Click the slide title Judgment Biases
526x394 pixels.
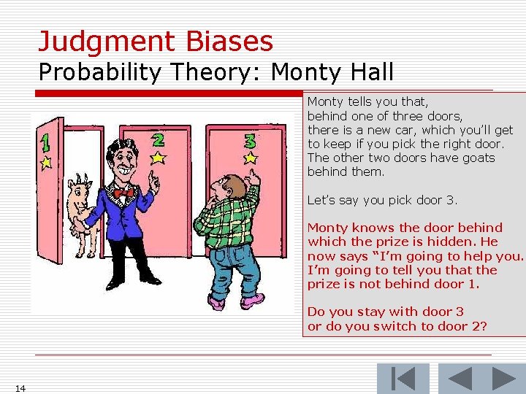click(156, 41)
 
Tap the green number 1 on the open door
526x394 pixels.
click(45, 143)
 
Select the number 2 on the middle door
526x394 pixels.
click(158, 138)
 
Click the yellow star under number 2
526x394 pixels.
click(158, 156)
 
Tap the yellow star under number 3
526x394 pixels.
click(251, 157)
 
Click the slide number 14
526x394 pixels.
click(20, 387)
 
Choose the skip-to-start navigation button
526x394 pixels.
click(403, 379)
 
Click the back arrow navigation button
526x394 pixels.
click(459, 379)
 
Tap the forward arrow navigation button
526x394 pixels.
click(503, 379)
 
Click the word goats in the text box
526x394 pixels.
click(476, 158)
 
